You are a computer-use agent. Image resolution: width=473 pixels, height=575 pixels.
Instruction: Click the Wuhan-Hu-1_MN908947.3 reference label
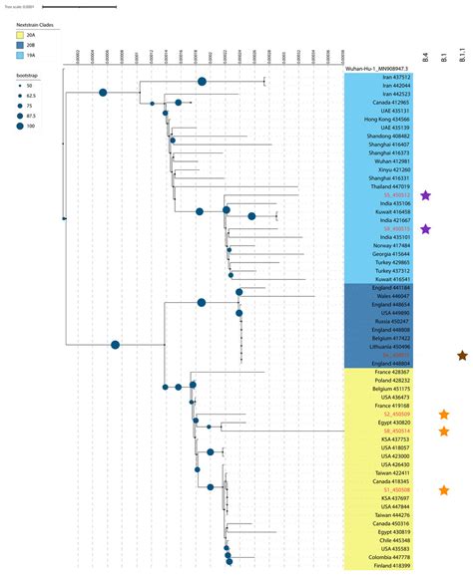[379, 68]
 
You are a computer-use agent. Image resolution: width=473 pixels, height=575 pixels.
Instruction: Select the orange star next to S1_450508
[444, 490]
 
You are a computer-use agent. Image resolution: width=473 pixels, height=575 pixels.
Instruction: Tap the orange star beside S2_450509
[444, 415]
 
